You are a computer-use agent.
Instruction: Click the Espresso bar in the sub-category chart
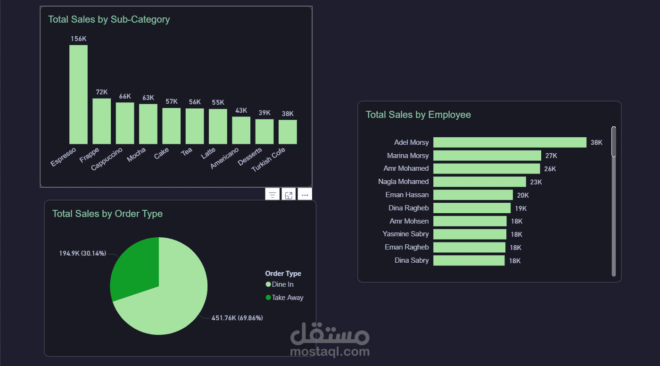(x=78, y=94)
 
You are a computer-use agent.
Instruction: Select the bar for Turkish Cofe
(x=288, y=132)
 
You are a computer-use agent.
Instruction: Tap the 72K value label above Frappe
(x=102, y=92)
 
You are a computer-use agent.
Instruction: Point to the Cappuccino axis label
(x=107, y=159)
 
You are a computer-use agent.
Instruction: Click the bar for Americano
(x=241, y=130)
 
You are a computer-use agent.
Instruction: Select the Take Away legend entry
(x=284, y=298)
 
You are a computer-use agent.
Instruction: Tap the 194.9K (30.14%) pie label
(x=82, y=253)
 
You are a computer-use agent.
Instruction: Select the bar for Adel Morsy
(x=510, y=142)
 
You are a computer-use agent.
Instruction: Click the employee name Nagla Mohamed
(x=403, y=182)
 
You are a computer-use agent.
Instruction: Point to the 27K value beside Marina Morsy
(x=551, y=156)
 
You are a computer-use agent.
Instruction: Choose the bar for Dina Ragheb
(x=471, y=208)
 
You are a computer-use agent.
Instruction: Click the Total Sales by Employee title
(x=418, y=115)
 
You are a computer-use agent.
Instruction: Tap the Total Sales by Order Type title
(x=107, y=214)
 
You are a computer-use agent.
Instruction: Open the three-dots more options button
(x=305, y=195)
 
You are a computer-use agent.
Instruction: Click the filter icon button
(x=272, y=195)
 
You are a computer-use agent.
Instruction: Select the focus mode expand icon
(x=289, y=195)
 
